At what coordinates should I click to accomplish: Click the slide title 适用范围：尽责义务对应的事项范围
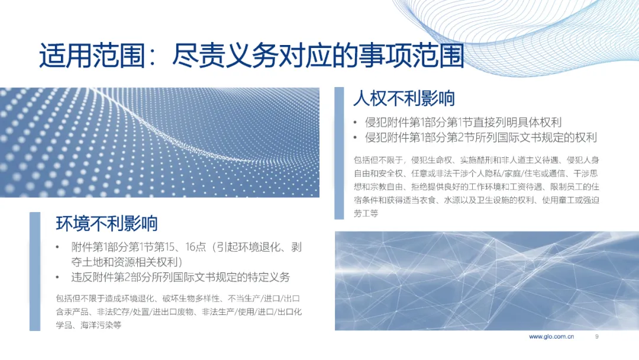click(x=251, y=56)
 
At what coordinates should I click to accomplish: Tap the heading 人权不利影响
click(x=404, y=98)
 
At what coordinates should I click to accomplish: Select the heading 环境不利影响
click(x=106, y=223)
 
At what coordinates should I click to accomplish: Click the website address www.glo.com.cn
click(x=551, y=337)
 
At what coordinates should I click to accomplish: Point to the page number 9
click(x=596, y=337)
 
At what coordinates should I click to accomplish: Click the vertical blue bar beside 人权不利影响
click(x=339, y=153)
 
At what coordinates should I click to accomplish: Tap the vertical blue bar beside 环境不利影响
click(x=35, y=272)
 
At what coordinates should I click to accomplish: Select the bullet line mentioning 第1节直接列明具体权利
click(x=463, y=122)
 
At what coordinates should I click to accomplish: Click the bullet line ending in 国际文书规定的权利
click(x=481, y=137)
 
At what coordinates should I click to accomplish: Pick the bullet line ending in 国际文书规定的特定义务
click(x=180, y=277)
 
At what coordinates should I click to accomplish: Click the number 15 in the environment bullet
click(x=170, y=247)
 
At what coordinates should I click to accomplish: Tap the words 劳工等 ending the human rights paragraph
click(x=366, y=213)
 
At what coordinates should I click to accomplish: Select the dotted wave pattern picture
click(x=160, y=142)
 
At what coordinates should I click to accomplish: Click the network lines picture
click(x=487, y=281)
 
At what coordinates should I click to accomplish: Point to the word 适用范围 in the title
click(x=92, y=56)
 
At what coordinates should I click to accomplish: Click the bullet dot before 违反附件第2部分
click(x=57, y=278)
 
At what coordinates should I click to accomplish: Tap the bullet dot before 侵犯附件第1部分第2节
click(x=356, y=138)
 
